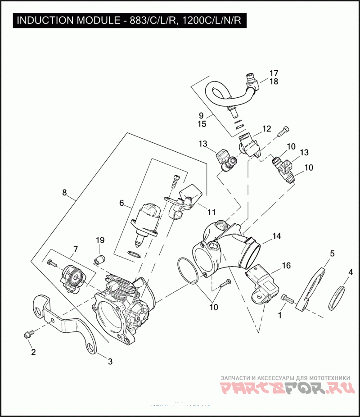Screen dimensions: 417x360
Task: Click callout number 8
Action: coord(64,193)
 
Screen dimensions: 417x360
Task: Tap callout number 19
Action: coord(99,240)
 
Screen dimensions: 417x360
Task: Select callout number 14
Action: coord(276,236)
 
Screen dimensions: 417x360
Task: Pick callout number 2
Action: coord(33,352)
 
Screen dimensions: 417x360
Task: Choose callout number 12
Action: coord(266,129)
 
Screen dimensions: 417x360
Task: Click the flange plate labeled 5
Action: coord(315,288)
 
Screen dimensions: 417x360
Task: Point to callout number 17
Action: coord(274,73)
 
